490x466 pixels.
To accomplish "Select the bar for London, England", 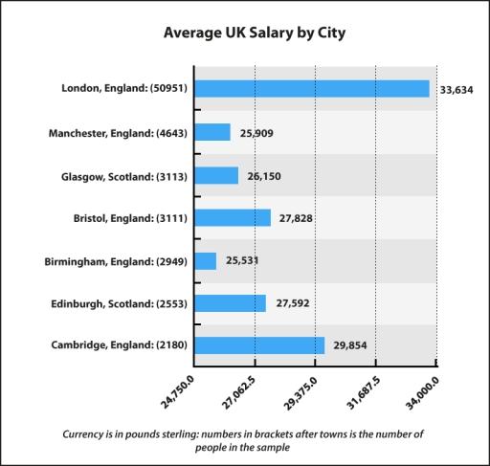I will pos(312,89).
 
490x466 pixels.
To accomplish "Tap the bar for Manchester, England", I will pos(212,132).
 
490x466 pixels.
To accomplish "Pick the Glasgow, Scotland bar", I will pos(216,175).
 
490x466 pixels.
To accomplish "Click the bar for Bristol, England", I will pos(233,218).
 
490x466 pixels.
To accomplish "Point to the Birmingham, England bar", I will pos(206,260).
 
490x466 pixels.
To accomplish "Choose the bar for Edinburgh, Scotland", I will pos(231,303).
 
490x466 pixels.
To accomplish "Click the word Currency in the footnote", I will pos(88,433).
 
